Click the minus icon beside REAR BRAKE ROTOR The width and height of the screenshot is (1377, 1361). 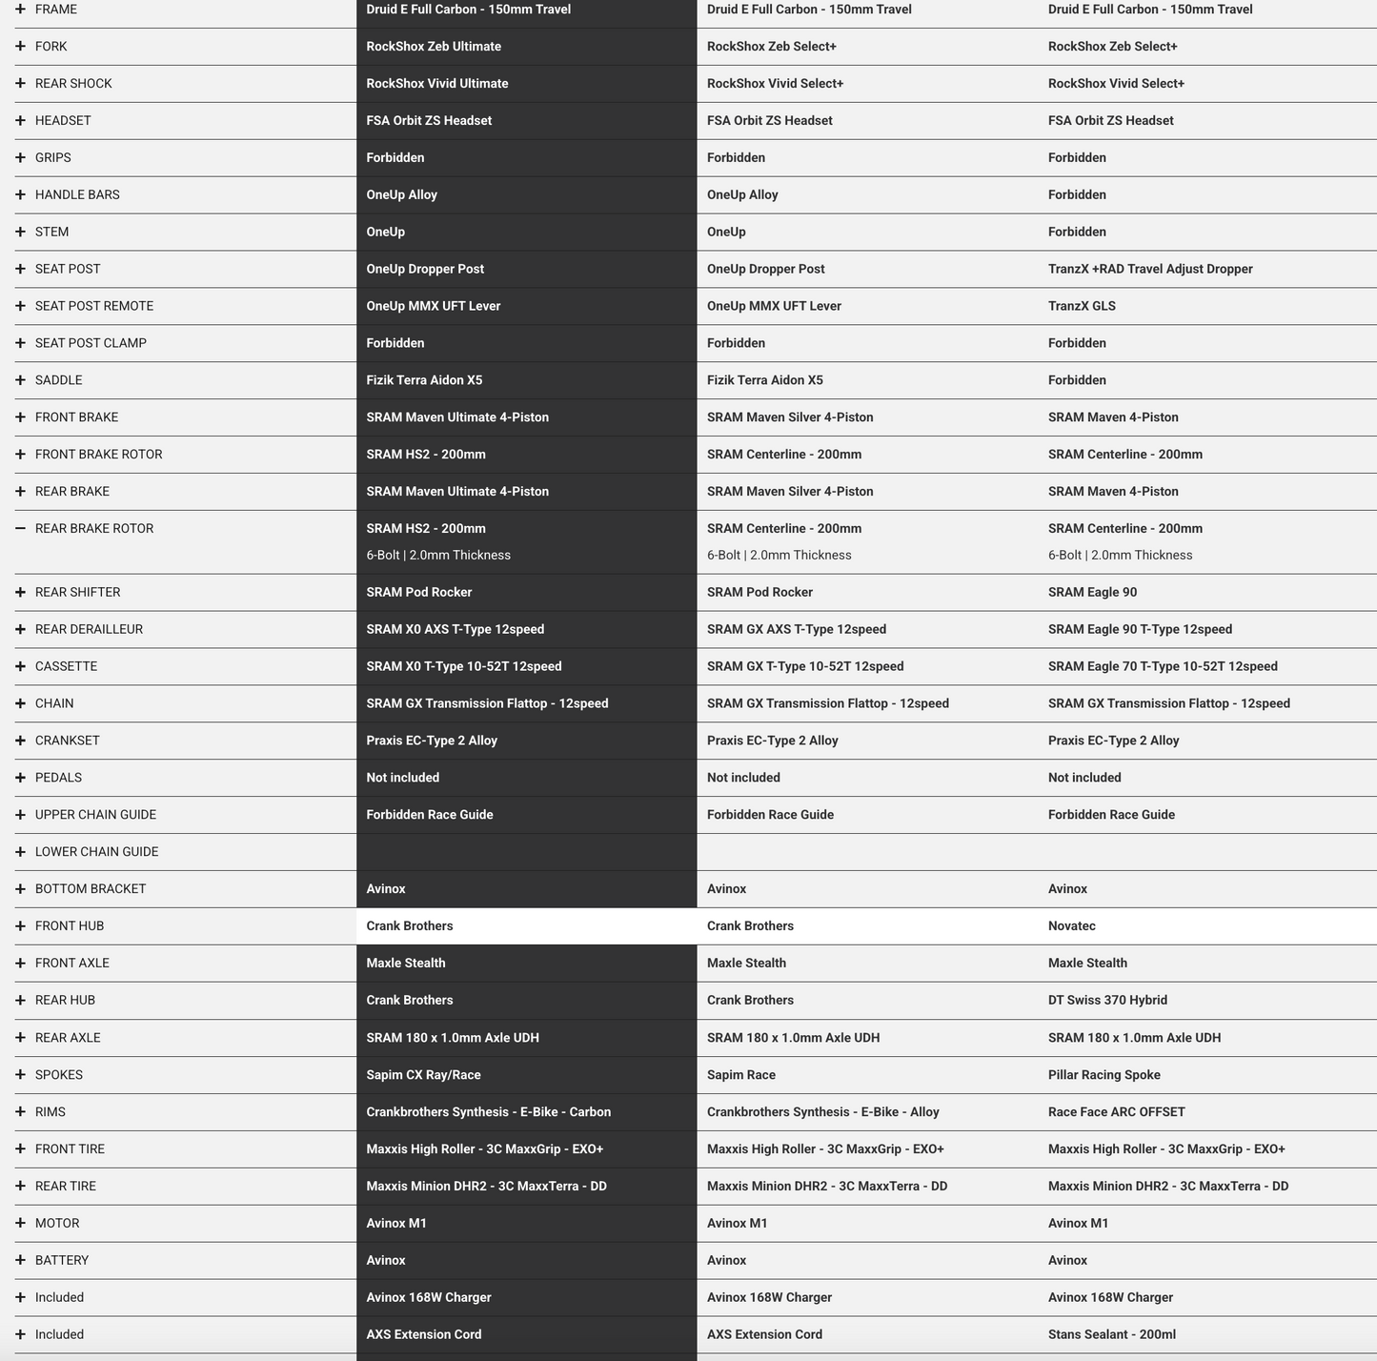(20, 528)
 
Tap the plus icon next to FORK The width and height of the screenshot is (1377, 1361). (20, 46)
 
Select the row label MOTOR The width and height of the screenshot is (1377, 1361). (57, 1223)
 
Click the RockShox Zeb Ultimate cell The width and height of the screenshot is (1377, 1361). (434, 46)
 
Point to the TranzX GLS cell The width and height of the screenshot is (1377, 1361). (1082, 306)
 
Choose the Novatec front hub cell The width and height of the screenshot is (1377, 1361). (1072, 925)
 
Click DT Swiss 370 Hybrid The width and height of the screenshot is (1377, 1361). (1107, 1000)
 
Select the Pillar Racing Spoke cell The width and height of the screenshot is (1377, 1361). (1104, 1074)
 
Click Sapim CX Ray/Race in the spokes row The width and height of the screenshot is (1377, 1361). (423, 1074)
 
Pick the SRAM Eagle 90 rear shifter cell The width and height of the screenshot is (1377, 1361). (1092, 592)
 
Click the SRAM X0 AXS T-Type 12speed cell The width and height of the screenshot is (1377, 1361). (456, 629)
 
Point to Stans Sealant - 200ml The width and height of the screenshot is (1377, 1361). (1112, 1334)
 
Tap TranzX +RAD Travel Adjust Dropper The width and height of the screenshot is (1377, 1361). (1150, 269)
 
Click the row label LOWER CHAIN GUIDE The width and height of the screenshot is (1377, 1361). (96, 851)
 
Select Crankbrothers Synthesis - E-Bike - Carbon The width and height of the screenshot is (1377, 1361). (489, 1111)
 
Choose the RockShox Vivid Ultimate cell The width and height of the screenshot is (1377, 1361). (437, 83)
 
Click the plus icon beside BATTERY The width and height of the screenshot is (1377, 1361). (20, 1260)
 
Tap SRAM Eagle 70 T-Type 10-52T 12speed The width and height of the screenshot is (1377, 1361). (1163, 666)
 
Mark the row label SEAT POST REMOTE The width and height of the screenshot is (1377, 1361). (93, 306)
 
